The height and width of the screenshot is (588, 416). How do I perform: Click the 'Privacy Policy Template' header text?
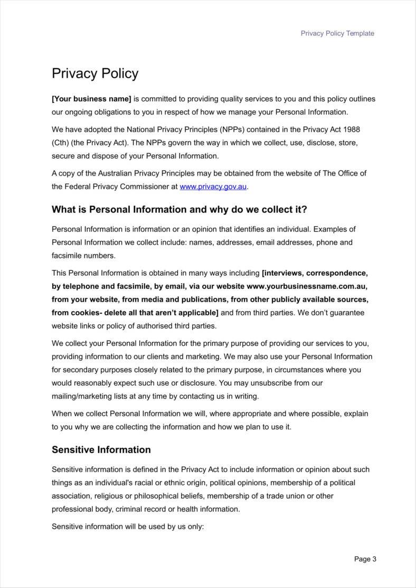(337, 33)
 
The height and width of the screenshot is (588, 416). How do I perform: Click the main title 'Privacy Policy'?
(95, 73)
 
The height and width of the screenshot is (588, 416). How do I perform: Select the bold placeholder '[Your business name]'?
(91, 99)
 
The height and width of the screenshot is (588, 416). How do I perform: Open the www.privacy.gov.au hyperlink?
(213, 186)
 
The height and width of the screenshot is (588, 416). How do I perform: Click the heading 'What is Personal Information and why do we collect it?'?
(179, 209)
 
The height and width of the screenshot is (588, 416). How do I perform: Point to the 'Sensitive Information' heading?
(101, 450)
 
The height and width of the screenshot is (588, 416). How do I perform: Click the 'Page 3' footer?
(365, 559)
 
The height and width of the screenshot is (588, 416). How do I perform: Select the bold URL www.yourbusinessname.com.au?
(307, 286)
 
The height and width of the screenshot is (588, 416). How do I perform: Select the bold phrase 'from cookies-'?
(77, 313)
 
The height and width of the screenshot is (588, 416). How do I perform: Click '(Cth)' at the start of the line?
(60, 142)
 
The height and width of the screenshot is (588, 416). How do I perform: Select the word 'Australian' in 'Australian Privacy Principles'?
(96, 173)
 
